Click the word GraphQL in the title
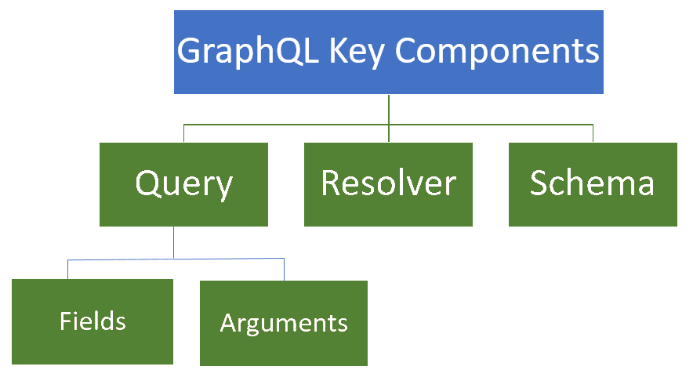pos(248,52)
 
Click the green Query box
pos(183,184)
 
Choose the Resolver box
pos(388,184)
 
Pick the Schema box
pos(593,184)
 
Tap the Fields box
pos(93,321)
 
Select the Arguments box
pos(284,323)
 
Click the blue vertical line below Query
pos(174,242)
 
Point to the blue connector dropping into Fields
pos(67,269)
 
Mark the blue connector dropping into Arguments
pos(285,269)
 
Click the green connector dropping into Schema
pos(593,133)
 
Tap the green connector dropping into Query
pos(184,133)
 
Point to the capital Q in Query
pos(148,183)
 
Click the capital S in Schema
pos(539,182)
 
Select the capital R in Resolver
pos(332,182)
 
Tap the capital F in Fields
pos(65,321)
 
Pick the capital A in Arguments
pos(228,322)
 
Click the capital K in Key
pos(339,49)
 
